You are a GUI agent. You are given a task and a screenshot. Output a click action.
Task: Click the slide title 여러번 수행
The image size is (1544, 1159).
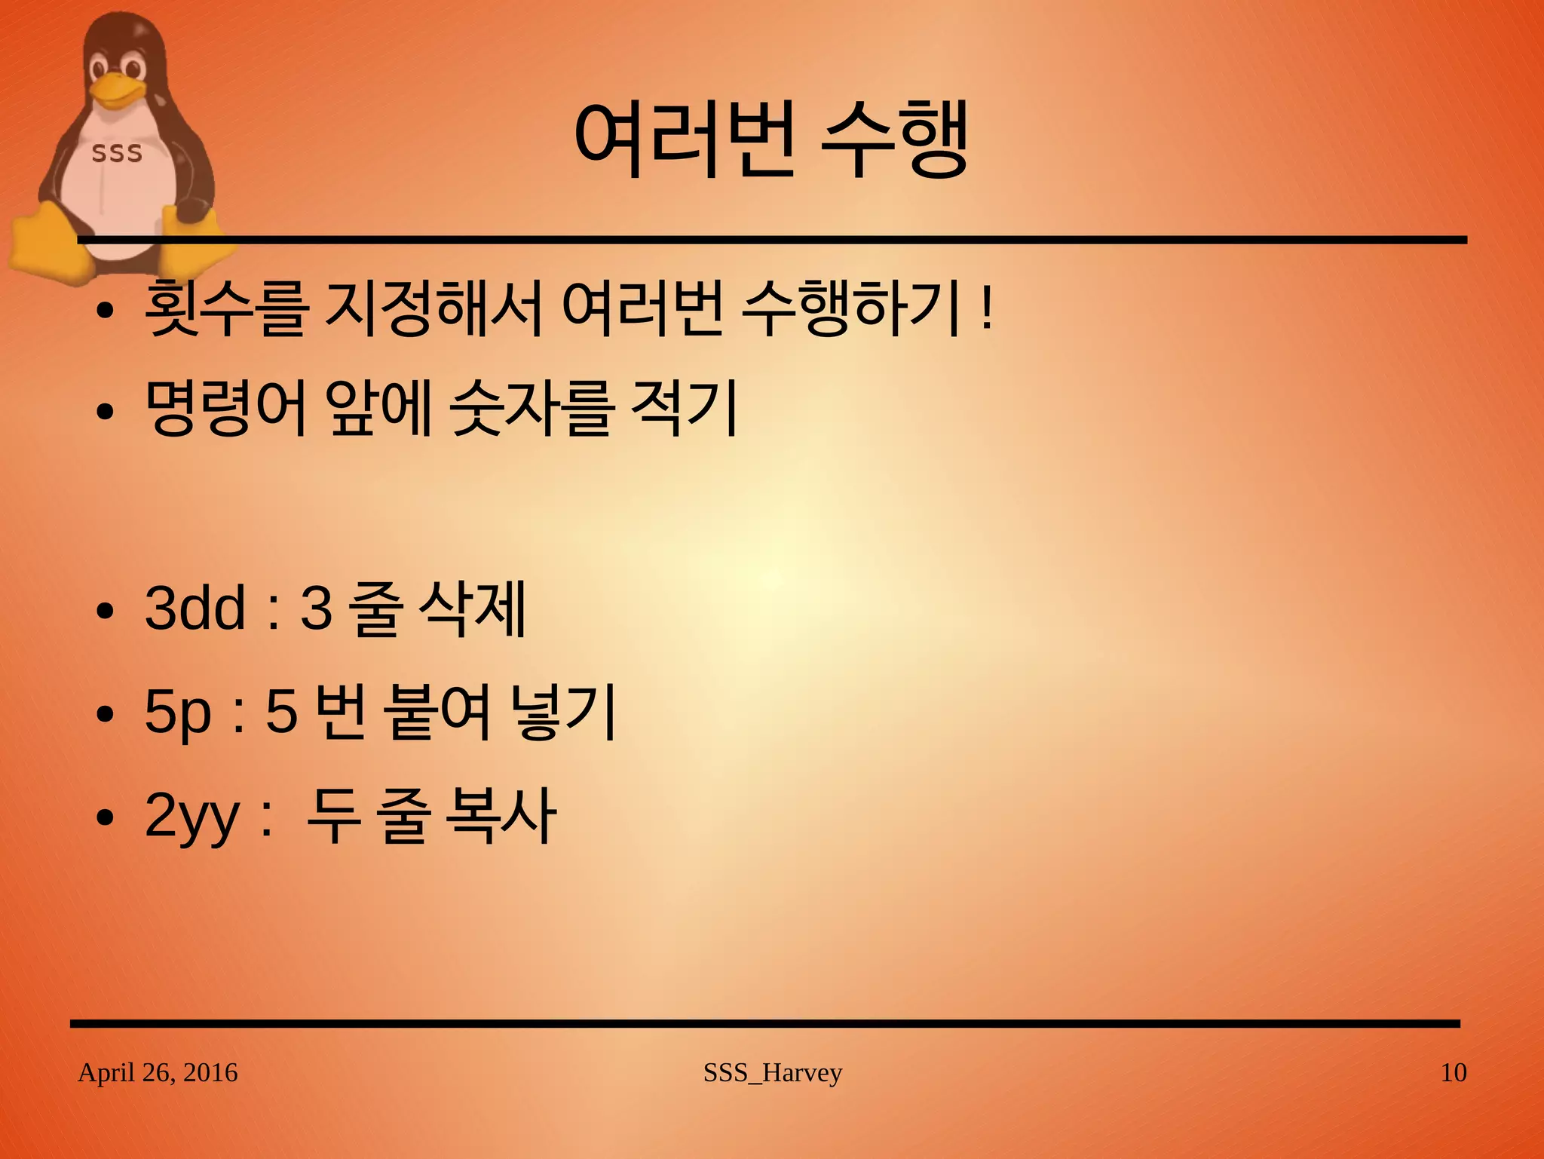770,141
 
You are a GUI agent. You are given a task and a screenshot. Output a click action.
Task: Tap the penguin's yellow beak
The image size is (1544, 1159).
116,90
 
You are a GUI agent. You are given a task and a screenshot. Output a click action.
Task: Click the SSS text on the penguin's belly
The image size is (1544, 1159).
117,153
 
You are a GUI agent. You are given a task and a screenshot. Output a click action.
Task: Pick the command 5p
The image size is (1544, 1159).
178,711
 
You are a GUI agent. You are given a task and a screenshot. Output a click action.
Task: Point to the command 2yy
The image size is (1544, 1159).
192,815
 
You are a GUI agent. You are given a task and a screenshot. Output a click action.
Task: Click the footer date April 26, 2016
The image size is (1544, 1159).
158,1072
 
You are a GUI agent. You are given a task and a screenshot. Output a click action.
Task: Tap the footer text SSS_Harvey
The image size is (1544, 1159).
772,1072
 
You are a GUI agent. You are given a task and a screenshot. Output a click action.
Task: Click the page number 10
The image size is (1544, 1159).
1453,1072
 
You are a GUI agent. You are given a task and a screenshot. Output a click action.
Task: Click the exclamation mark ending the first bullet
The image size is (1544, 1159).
986,309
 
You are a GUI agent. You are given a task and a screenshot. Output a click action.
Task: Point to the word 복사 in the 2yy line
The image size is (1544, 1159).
500,815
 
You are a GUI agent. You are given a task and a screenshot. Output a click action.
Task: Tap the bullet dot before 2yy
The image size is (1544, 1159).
105,818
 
